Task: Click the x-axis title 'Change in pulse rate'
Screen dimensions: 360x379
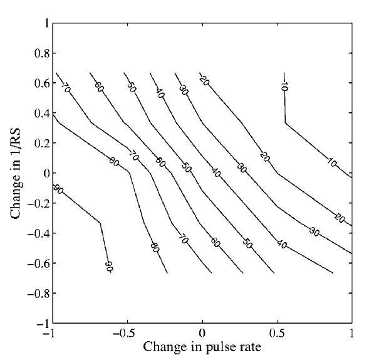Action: [202, 346]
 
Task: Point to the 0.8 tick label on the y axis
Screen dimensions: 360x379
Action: [39, 53]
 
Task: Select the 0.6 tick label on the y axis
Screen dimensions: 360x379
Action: [39, 83]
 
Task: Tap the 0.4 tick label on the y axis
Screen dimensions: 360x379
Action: [39, 114]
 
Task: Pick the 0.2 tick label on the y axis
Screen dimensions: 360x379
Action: [39, 143]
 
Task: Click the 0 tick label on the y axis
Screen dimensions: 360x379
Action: [44, 173]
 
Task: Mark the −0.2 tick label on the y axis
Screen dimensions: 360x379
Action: [37, 203]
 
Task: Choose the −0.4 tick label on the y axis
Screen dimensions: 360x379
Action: [37, 233]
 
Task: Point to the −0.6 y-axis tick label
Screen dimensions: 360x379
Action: [37, 263]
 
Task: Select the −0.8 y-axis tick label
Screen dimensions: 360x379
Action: [37, 293]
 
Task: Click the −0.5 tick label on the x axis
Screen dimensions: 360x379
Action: [125, 333]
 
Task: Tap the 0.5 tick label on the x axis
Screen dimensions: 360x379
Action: [277, 333]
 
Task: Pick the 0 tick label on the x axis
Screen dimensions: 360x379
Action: [202, 333]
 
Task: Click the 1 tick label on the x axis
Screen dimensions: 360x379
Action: [352, 333]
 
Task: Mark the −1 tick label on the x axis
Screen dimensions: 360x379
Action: [50, 333]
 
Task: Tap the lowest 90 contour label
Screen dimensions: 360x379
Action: [108, 266]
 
